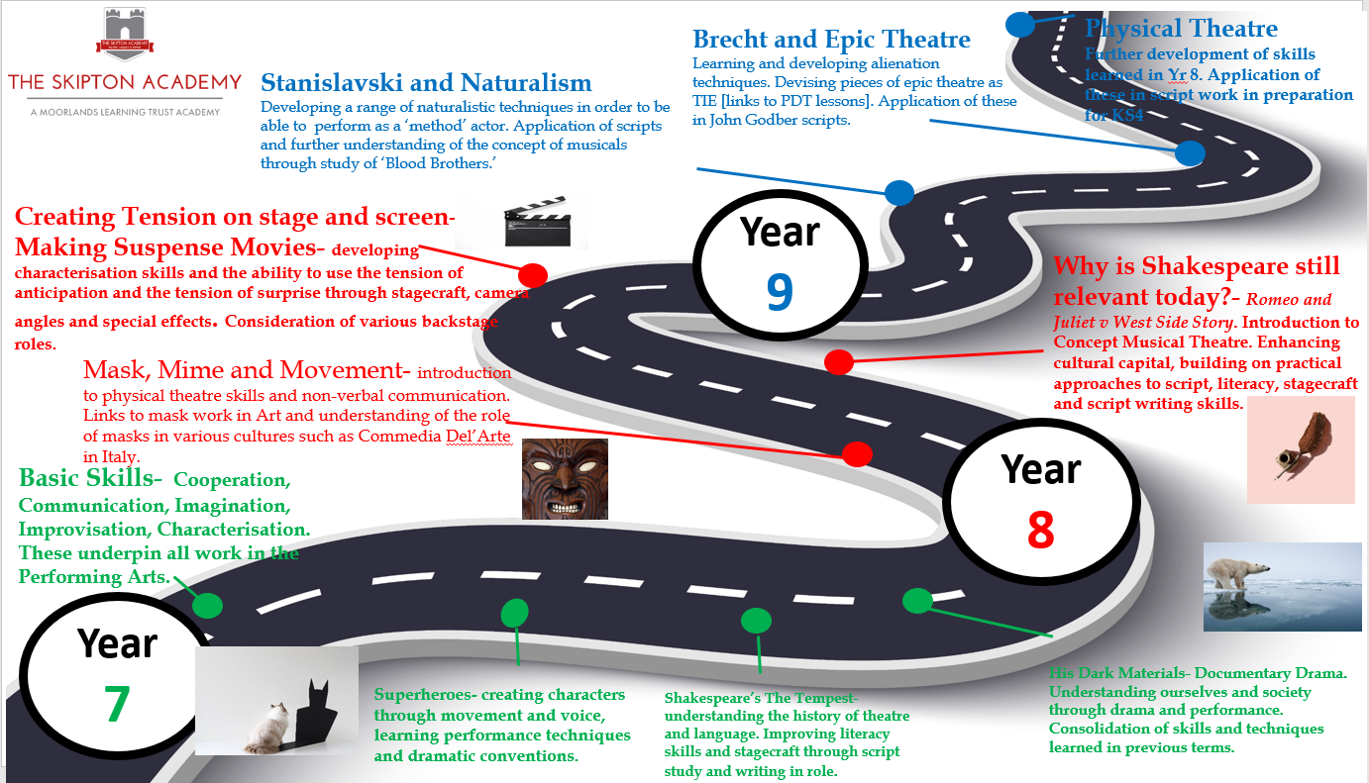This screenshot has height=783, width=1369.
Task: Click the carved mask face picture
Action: (565, 479)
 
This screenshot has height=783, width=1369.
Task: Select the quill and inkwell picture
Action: (1301, 449)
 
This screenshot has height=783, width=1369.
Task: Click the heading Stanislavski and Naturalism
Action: (426, 83)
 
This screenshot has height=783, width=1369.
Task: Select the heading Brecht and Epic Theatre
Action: (831, 40)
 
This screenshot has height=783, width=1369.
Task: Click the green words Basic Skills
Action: (90, 479)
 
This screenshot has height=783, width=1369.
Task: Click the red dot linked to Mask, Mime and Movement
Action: (857, 453)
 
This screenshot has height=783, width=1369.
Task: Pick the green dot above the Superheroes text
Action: (514, 613)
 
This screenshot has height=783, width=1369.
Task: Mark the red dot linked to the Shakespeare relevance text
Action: (838, 362)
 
